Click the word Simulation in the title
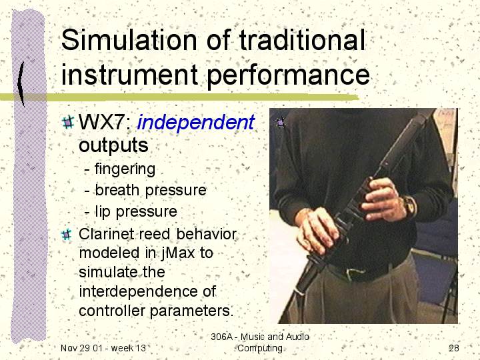click(129, 40)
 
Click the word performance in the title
click(288, 75)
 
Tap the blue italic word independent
click(196, 123)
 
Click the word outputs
click(113, 145)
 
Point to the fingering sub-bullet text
click(125, 169)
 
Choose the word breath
click(117, 190)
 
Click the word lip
click(103, 211)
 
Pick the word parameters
click(191, 311)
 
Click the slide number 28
click(454, 348)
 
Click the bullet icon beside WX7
click(67, 123)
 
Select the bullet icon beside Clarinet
click(67, 235)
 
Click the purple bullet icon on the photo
click(280, 123)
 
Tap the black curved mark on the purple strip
click(21, 84)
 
